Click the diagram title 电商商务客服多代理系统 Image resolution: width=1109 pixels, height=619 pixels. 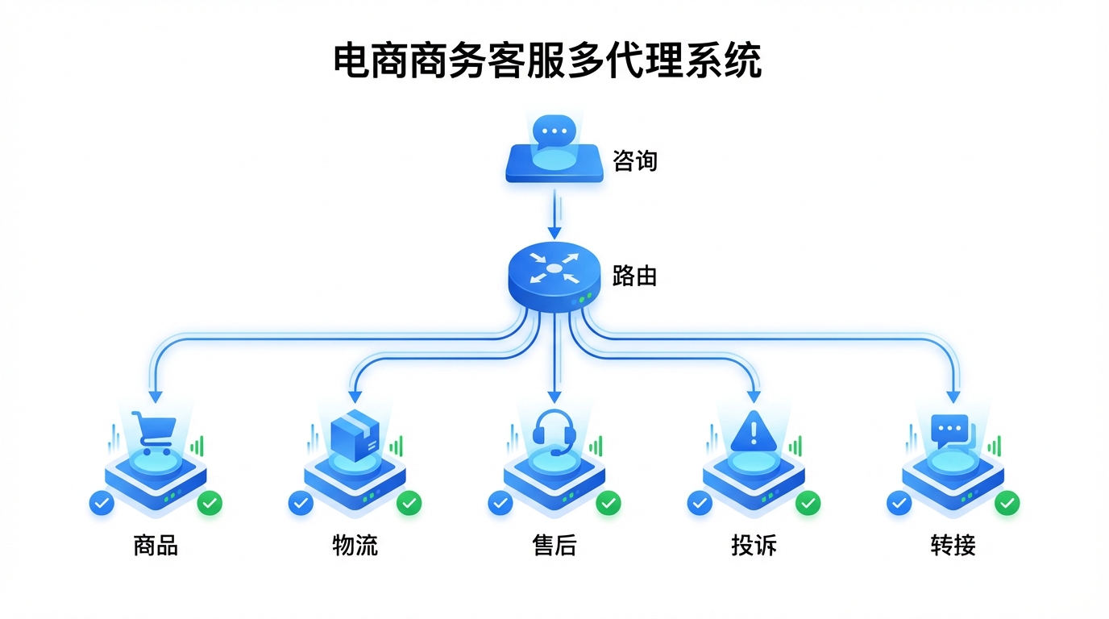548,62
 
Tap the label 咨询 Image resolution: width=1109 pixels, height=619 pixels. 635,161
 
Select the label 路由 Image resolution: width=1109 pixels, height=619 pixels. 635,276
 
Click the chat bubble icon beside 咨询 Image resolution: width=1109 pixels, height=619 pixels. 554,132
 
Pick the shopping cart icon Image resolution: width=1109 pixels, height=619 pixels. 156,433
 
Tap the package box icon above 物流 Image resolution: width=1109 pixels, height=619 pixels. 355,436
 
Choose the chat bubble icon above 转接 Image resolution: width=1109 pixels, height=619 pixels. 952,431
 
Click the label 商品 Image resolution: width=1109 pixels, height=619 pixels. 156,546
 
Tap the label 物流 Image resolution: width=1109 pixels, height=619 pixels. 355,546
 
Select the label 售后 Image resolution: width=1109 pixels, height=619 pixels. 554,546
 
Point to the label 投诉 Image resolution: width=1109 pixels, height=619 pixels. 754,546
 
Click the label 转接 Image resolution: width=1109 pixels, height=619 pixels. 953,546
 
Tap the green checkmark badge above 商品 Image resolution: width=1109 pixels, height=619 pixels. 210,503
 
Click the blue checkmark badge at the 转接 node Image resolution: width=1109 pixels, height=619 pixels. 899,503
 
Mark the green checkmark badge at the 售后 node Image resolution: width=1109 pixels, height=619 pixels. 608,503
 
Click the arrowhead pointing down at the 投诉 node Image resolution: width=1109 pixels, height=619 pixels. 754,396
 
